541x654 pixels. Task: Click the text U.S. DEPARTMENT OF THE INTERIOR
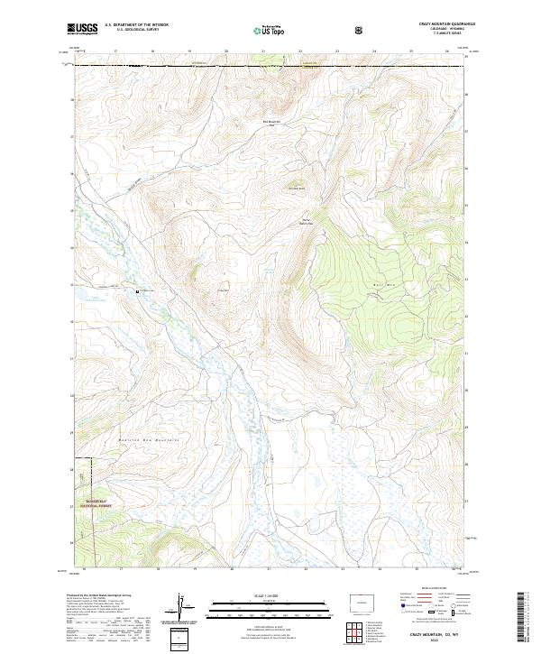point(136,25)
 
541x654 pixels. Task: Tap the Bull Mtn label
point(378,285)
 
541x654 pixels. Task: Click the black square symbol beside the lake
point(137,290)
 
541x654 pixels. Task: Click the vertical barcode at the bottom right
point(521,622)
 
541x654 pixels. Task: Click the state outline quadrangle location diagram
point(360,601)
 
